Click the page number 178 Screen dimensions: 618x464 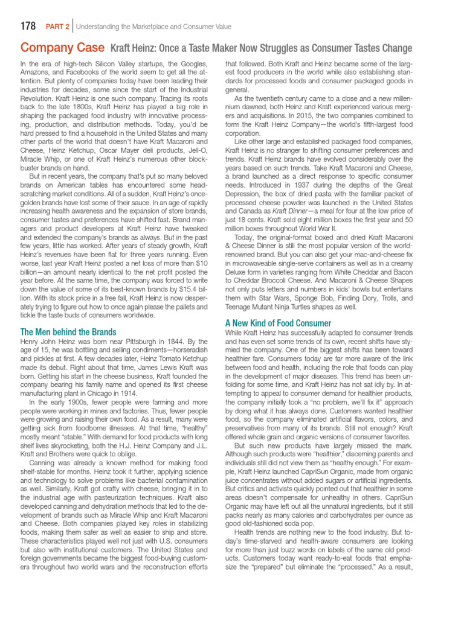point(29,26)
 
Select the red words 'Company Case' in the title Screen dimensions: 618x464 point(62,48)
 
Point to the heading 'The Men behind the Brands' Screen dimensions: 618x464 point(68,332)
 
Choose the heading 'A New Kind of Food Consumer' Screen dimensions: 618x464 point(278,323)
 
